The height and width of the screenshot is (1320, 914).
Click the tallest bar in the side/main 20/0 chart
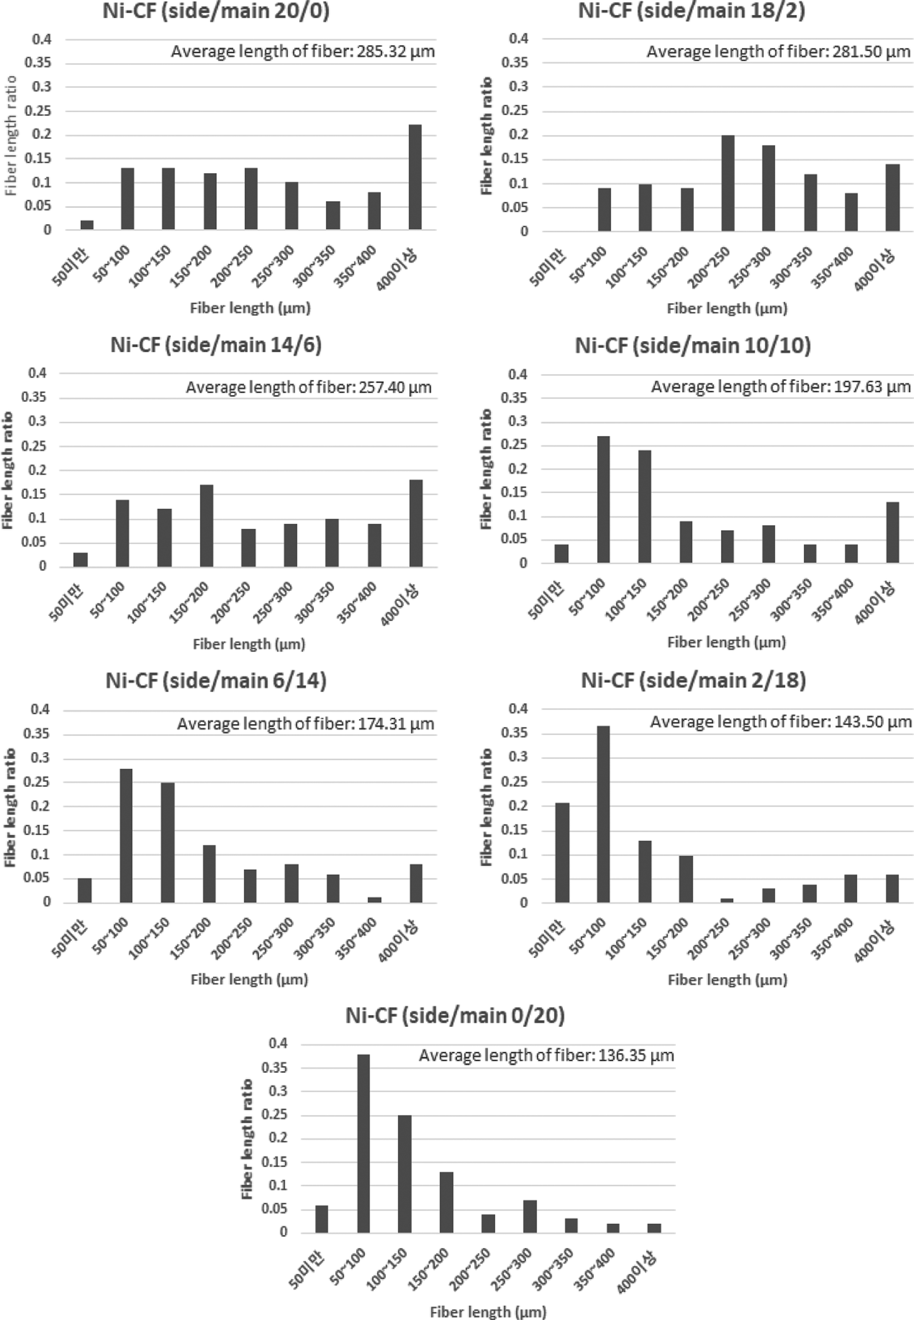coord(415,177)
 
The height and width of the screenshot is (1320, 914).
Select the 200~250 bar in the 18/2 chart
coord(727,183)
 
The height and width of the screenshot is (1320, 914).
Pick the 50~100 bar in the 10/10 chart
coord(603,500)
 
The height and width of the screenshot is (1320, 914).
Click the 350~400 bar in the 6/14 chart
coord(374,899)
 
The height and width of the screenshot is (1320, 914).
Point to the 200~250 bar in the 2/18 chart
coord(727,900)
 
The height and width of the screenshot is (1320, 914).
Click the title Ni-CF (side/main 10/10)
coord(693,346)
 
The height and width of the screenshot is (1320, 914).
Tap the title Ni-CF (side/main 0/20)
coord(455,1015)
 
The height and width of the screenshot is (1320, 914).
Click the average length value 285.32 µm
coord(396,52)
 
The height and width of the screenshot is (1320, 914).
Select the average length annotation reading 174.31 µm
coord(305,724)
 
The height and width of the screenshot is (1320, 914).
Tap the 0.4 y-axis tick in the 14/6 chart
coord(38,373)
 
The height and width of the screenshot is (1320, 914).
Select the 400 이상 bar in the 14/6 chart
coord(416,523)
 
